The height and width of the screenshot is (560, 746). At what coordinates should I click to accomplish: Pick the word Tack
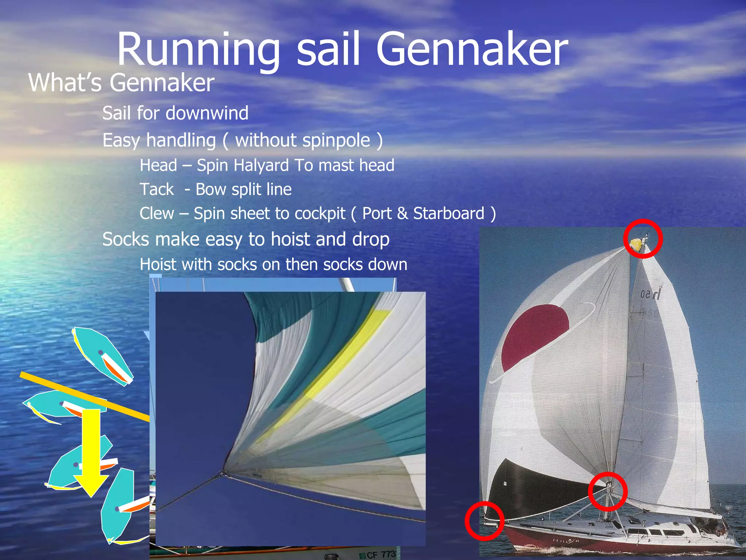[x=157, y=190]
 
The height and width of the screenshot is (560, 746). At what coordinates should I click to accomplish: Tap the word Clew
[x=157, y=214]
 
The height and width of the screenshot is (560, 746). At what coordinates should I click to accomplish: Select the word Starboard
[x=448, y=214]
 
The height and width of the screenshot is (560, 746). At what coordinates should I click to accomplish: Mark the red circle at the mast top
[x=643, y=239]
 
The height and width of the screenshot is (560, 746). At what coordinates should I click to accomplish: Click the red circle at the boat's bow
[x=484, y=521]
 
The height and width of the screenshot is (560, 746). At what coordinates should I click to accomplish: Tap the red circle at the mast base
[x=608, y=491]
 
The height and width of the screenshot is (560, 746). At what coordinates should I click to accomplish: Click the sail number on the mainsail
[x=651, y=293]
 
